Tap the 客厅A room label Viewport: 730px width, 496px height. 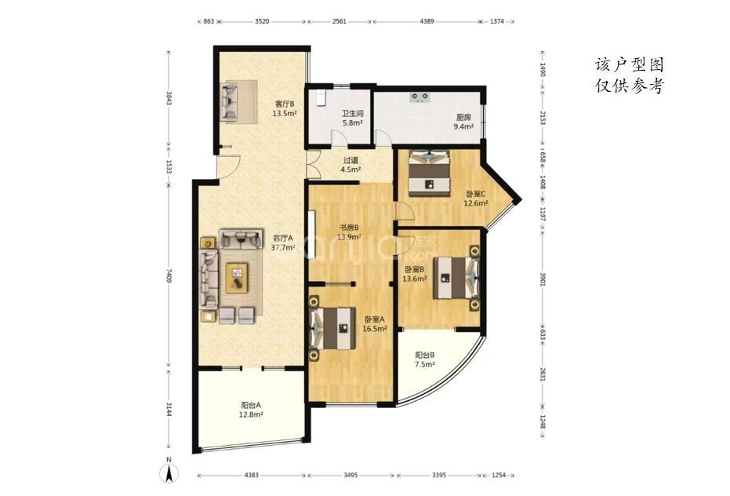tap(283, 238)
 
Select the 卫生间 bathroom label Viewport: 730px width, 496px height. tap(352, 113)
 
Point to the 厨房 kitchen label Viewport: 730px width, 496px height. tap(463, 118)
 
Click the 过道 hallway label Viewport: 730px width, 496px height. tap(350, 160)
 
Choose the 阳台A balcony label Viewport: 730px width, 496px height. tap(251, 405)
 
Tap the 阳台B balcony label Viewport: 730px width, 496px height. tap(425, 356)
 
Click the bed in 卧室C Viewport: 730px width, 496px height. tap(429, 173)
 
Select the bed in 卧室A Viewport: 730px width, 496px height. tap(332, 328)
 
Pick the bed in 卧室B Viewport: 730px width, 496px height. tap(456, 278)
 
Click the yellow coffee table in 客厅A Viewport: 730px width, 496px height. tap(238, 278)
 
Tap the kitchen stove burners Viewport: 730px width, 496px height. tap(419, 97)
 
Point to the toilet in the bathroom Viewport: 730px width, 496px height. tap(321, 97)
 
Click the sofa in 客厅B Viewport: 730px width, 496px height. tap(229, 102)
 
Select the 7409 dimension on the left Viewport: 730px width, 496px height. tap(169, 276)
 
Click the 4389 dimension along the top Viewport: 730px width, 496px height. tap(427, 21)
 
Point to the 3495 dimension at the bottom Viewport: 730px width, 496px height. tap(350, 475)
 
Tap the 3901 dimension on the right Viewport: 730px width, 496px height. tap(543, 279)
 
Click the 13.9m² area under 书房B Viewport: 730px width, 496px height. tap(349, 237)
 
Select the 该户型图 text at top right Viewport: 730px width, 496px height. tap(630, 65)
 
